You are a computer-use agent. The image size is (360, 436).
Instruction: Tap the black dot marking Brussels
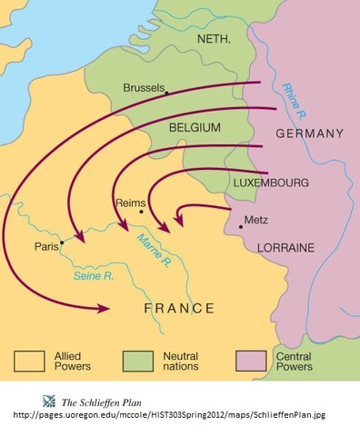pos(166,92)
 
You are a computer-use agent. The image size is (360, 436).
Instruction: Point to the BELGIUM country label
pos(195,129)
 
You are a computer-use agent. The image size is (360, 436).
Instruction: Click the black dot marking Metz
pos(240,224)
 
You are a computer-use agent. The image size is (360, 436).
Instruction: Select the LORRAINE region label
pos(285,246)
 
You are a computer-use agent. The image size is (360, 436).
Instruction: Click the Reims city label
pos(129,203)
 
